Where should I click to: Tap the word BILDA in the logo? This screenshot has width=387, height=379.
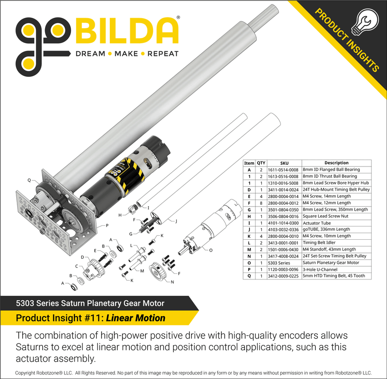tap(127, 31)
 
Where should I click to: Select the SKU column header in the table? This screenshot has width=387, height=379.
tap(284, 163)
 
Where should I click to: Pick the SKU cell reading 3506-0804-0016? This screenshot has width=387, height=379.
tap(284, 216)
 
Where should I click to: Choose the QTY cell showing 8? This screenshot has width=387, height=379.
tap(261, 203)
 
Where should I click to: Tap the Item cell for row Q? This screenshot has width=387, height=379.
tap(249, 276)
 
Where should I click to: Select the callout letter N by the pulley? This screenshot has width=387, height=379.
tap(172, 282)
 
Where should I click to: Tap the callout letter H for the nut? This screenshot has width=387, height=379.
tap(119, 214)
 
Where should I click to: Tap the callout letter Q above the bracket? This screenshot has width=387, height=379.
tap(29, 181)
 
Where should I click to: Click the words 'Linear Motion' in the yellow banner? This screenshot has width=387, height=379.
tap(136, 318)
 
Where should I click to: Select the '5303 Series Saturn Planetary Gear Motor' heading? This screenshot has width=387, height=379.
tap(90, 303)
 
